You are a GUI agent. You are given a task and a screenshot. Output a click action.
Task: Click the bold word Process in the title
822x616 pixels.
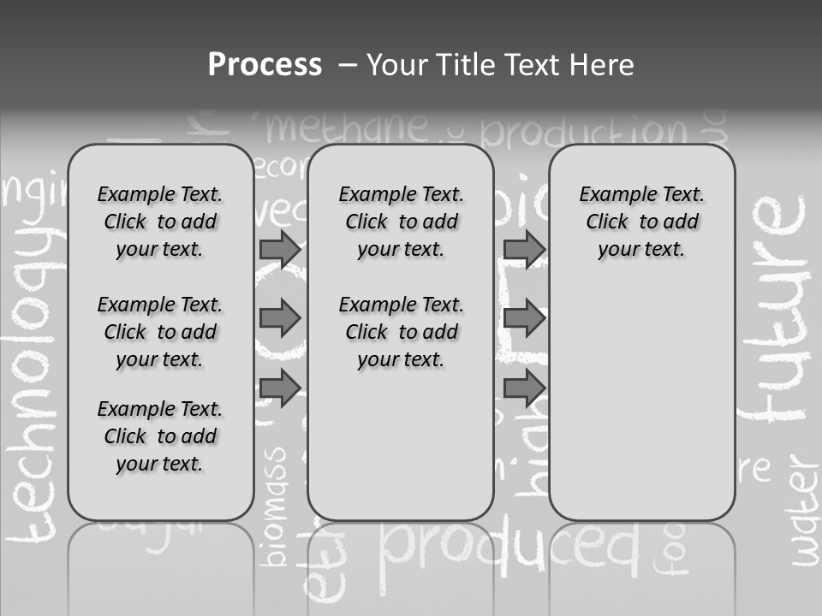pyautogui.click(x=265, y=64)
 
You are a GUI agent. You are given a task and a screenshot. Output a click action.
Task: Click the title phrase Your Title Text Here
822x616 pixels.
pyautogui.click(x=500, y=65)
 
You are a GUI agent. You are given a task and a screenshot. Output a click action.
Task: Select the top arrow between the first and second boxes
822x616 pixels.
pyautogui.click(x=279, y=249)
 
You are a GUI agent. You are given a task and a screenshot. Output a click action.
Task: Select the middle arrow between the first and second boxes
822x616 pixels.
pyautogui.click(x=279, y=318)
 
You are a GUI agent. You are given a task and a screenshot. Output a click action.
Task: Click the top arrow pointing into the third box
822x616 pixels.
pyautogui.click(x=524, y=249)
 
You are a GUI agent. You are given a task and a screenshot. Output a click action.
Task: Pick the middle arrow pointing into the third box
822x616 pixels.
pyautogui.click(x=524, y=318)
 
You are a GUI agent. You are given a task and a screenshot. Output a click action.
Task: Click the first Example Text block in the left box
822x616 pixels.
pyautogui.click(x=160, y=222)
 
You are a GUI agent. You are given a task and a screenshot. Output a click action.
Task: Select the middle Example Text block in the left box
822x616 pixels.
pyautogui.click(x=160, y=332)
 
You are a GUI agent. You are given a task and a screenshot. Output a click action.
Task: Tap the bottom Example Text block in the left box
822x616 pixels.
pyautogui.click(x=160, y=436)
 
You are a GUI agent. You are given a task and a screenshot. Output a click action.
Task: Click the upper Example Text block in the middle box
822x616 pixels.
pyautogui.click(x=401, y=222)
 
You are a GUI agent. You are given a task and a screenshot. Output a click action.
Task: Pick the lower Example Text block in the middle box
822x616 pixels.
pyautogui.click(x=401, y=332)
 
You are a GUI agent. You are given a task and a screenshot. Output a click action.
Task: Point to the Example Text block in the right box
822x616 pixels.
pyautogui.click(x=641, y=222)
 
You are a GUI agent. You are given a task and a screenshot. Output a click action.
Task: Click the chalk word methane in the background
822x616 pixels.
pyautogui.click(x=346, y=128)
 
